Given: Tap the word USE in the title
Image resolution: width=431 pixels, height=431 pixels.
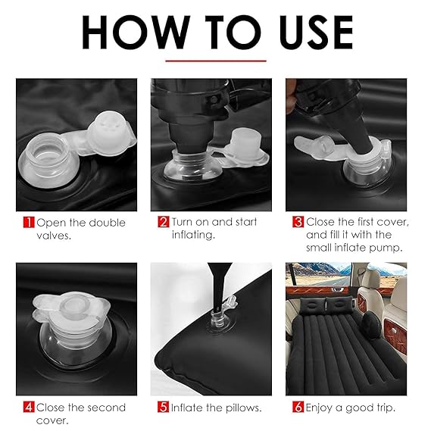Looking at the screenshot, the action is click(316, 33).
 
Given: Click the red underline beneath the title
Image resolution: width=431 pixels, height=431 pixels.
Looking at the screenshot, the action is click(216, 61).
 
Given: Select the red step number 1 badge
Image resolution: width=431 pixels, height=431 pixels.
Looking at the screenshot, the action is click(29, 223).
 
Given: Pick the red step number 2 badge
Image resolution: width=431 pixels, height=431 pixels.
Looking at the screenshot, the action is click(164, 222).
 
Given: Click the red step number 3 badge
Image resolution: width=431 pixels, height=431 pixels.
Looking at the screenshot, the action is click(298, 222).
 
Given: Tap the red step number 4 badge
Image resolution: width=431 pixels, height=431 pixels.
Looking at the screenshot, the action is click(29, 407).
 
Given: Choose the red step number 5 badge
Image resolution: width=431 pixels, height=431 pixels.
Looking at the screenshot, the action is click(164, 407).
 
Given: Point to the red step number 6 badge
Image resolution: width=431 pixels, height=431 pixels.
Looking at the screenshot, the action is click(298, 407).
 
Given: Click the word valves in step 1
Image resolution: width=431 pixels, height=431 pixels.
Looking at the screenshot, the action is click(54, 236).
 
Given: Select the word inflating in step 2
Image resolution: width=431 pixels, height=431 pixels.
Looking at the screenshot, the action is click(193, 235).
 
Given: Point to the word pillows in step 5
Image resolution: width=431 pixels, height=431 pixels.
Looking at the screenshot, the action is click(243, 408).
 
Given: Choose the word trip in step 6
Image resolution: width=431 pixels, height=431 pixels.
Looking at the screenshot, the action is click(386, 408).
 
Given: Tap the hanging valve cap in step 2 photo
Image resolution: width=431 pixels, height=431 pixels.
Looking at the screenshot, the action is click(246, 147).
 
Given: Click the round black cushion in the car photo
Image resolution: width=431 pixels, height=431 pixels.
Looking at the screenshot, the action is click(372, 324).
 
